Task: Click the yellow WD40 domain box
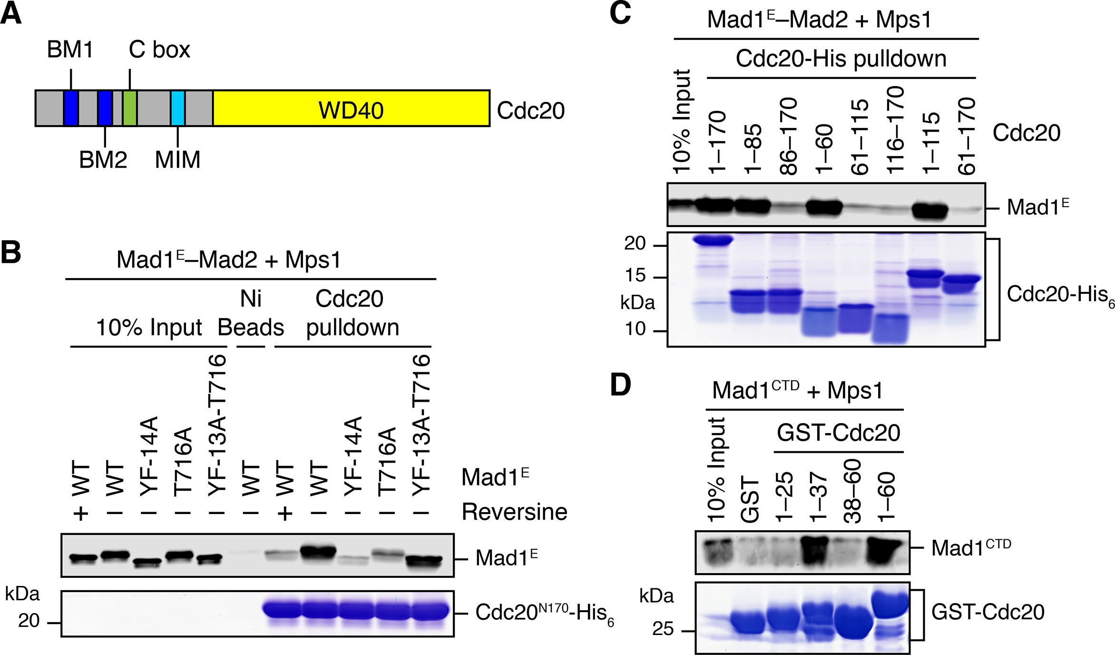coord(351,109)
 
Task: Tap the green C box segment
coord(130,108)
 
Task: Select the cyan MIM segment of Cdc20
coord(178,108)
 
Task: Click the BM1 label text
coord(70,50)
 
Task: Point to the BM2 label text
coord(103,159)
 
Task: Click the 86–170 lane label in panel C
coord(788,137)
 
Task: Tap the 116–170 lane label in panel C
coord(895,131)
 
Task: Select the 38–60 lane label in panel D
coord(851,492)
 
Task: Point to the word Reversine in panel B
coord(514,512)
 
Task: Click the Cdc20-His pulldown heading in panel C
coord(841,59)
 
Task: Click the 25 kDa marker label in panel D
coord(663,629)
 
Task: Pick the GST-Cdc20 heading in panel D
coord(838,433)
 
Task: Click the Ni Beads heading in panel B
coord(251,313)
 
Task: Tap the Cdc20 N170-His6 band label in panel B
coord(544,613)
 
